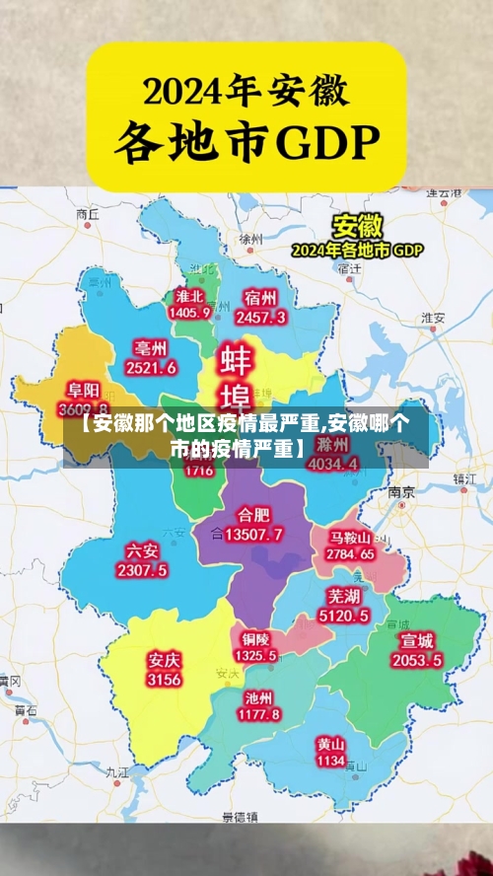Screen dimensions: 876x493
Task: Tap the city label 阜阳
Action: click(x=84, y=390)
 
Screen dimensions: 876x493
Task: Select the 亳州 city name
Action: click(x=151, y=348)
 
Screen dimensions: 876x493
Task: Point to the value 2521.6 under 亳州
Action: click(x=151, y=367)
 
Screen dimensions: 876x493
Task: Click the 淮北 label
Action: click(x=189, y=296)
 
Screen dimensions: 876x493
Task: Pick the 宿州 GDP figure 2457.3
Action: click(x=260, y=317)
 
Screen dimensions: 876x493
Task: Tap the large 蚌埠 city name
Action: click(x=235, y=377)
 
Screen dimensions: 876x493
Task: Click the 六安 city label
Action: click(x=142, y=551)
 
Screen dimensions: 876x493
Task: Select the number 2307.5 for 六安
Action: click(x=142, y=570)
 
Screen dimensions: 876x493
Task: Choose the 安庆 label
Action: click(x=164, y=659)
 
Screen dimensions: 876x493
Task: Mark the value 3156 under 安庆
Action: click(x=164, y=680)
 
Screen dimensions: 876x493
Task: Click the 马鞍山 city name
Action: click(x=350, y=538)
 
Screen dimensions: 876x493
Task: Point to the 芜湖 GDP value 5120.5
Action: click(x=343, y=616)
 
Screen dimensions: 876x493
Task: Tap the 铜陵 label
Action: click(x=255, y=637)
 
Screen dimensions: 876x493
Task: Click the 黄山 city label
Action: click(x=330, y=743)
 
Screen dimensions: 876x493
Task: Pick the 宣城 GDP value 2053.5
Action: click(x=414, y=660)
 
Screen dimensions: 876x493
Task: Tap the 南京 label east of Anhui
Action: click(x=400, y=491)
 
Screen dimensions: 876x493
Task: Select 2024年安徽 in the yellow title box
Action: click(x=246, y=92)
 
